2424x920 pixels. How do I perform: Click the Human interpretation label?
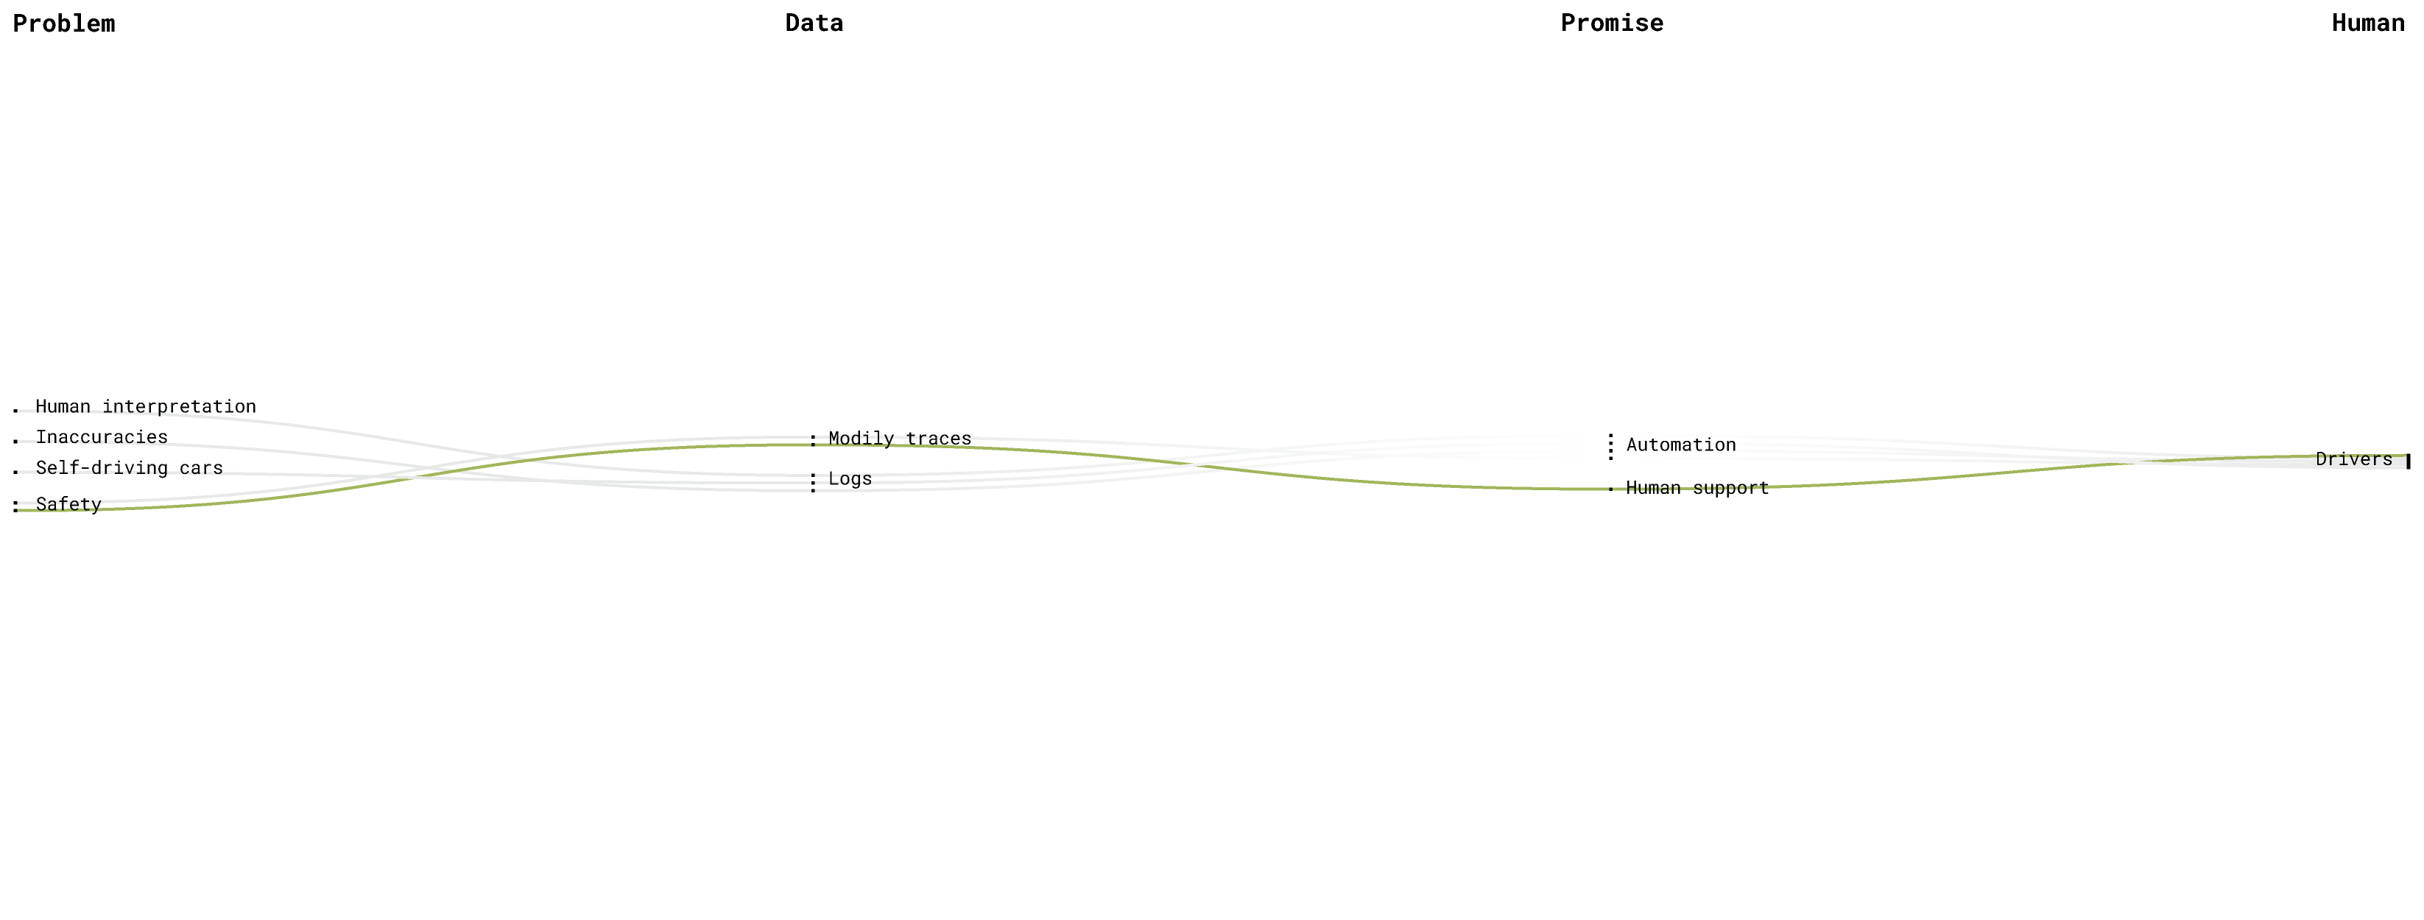click(x=146, y=406)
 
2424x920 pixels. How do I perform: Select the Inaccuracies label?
click(x=102, y=439)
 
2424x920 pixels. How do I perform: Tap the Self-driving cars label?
click(x=130, y=469)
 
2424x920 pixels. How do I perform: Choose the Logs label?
click(x=850, y=480)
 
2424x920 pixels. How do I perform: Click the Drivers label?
click(x=2354, y=459)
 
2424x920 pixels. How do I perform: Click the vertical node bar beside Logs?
click(x=813, y=483)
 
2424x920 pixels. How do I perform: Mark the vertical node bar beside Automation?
click(x=1612, y=447)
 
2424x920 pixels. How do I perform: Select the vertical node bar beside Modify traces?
click(x=813, y=440)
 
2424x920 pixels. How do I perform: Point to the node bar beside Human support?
click(x=1612, y=488)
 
